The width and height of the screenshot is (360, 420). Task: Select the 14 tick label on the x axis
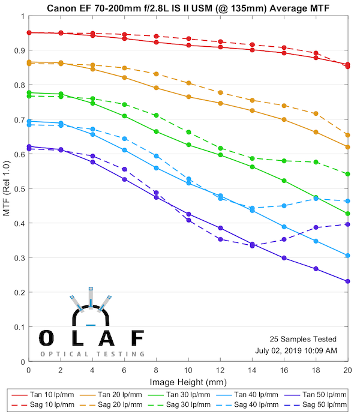(252, 372)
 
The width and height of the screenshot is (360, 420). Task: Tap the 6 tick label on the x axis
(124, 372)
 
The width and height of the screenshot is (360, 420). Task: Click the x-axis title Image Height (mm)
(188, 382)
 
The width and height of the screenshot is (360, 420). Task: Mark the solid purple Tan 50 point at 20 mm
(348, 281)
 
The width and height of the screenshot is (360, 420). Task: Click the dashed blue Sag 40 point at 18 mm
(316, 198)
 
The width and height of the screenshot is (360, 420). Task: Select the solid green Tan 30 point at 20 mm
(348, 214)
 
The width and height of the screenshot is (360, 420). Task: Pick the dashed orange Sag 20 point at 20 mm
(348, 135)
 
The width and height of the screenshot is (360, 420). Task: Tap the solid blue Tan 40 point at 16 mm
(284, 227)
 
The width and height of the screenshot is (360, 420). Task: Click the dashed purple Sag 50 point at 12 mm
(220, 239)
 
